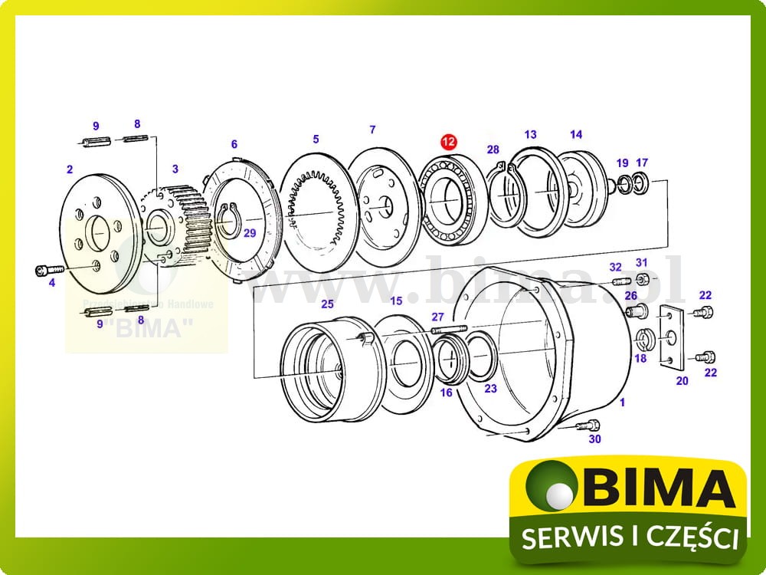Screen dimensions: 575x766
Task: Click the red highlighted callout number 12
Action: [447, 142]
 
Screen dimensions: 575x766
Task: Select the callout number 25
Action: [327, 304]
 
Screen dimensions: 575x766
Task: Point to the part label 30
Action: [595, 439]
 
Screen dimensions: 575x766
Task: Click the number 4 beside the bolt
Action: [52, 283]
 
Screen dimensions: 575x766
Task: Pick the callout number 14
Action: [576, 134]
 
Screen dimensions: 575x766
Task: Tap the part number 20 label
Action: [683, 380]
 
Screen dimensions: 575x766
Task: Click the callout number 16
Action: [446, 393]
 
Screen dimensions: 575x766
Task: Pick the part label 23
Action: [490, 389]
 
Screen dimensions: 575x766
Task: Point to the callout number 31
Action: [642, 263]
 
